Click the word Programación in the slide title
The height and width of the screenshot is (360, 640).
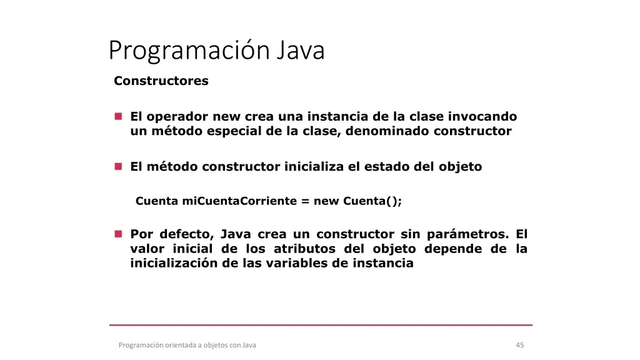tap(189, 51)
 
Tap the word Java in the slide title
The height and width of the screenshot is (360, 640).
tap(301, 50)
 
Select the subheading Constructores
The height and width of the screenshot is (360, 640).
tap(161, 81)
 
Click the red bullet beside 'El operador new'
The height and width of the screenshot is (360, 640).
tap(118, 116)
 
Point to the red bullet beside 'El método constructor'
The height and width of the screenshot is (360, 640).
tap(118, 166)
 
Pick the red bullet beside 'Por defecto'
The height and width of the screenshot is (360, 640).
tap(118, 234)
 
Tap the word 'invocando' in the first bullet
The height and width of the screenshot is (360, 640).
tap(482, 117)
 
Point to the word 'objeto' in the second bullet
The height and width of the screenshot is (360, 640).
tap(461, 167)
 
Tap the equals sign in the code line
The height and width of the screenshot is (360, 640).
tap(305, 201)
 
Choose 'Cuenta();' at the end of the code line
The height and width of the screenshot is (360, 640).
tap(372, 201)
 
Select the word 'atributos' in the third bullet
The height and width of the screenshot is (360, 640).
tap(304, 249)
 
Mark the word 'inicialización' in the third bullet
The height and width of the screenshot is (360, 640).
tap(174, 263)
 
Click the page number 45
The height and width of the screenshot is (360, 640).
tap(519, 345)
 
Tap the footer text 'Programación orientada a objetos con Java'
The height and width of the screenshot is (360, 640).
tap(187, 345)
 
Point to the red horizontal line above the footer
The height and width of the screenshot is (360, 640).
tap(321, 325)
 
